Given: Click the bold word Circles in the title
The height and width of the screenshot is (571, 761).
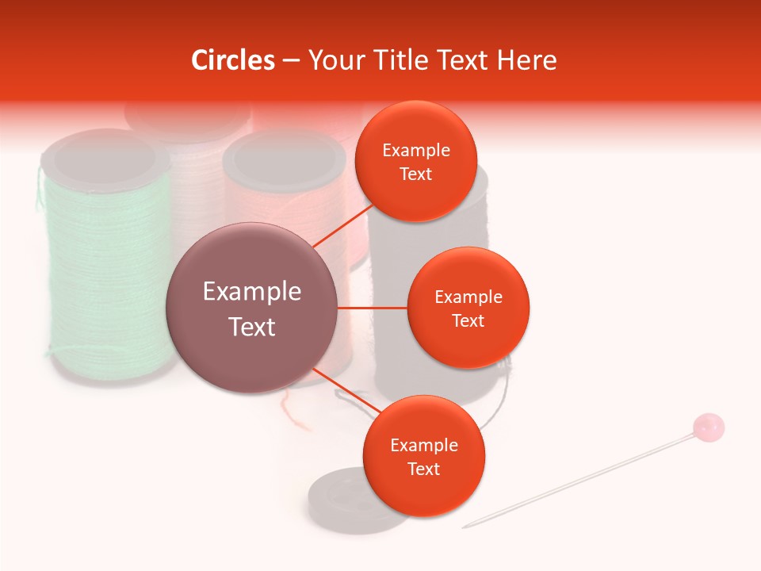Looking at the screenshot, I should point(233,60).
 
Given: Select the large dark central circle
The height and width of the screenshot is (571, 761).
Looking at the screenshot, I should point(252,308).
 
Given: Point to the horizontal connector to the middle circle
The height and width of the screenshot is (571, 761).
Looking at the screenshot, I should point(373,308).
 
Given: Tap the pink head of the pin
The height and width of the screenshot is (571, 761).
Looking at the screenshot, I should point(708,427).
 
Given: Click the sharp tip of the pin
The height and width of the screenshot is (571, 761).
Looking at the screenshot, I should point(467,526).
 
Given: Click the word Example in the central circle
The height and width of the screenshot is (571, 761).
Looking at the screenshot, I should point(252,291).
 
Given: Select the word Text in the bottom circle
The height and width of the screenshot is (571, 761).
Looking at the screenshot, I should point(423,469).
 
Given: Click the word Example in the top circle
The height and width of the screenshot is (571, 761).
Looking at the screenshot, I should point(415,150).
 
